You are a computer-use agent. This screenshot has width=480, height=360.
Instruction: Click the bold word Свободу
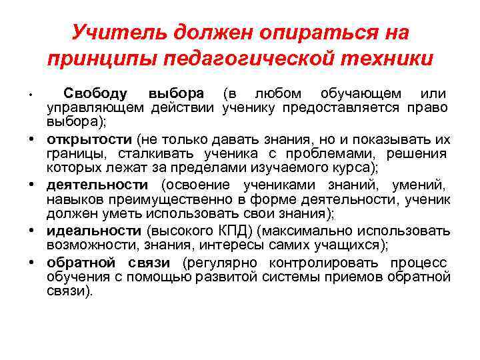99,93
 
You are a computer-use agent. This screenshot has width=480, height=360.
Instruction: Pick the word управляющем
96,108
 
